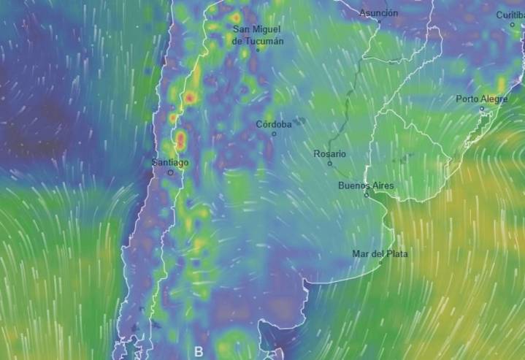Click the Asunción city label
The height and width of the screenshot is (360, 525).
coord(379,13)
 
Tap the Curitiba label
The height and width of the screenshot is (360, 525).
coord(510,15)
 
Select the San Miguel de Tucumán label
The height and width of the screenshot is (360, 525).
coord(256,35)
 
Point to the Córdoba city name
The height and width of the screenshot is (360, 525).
coord(274,124)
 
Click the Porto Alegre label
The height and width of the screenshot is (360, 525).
coord(482,99)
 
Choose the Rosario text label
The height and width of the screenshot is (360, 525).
coord(329,153)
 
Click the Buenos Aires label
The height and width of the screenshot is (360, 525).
coord(366,185)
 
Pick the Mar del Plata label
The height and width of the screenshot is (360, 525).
coord(380,253)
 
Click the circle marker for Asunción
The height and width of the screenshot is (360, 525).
coord(379,22)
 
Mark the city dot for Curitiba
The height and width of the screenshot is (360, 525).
coord(513,24)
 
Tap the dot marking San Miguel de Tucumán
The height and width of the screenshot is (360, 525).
coord(258,50)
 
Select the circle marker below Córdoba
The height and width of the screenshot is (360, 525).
coord(275,134)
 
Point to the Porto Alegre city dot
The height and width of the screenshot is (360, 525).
coord(482,109)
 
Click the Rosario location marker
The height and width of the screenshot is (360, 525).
coord(330,164)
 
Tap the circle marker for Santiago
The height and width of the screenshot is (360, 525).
coord(171,173)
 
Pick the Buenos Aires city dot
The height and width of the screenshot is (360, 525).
coord(367,195)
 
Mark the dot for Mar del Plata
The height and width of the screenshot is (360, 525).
coord(380,262)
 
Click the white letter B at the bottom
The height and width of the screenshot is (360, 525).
coord(198,351)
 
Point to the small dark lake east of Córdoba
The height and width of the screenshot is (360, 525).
coord(299,120)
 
